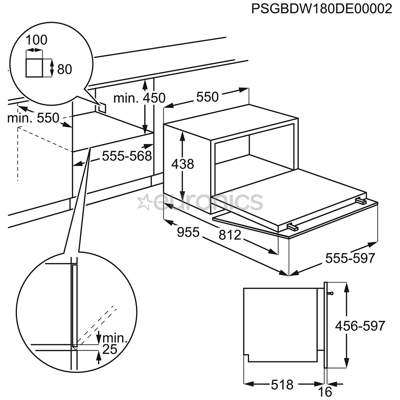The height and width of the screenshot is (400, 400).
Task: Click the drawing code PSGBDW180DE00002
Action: [x=321, y=9]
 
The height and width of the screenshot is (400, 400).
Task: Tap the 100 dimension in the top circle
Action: [x=37, y=40]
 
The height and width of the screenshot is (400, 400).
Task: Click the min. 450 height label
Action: [x=139, y=98]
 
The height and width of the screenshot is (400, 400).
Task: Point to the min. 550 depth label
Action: [x=33, y=118]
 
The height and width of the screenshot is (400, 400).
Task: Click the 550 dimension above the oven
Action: [x=207, y=97]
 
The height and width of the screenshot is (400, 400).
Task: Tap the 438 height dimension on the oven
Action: [x=182, y=163]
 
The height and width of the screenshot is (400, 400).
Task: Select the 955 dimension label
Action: [x=188, y=232]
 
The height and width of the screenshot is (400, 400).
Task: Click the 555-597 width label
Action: [x=350, y=258]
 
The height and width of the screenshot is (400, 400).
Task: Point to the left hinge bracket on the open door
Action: [x=293, y=225]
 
